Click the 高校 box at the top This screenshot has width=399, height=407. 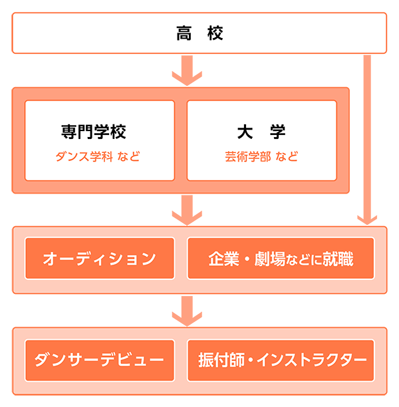[199, 33]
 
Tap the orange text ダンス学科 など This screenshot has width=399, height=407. [98, 158]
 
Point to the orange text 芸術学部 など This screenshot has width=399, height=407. [261, 158]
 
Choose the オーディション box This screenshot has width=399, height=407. [99, 259]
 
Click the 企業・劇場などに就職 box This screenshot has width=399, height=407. [281, 259]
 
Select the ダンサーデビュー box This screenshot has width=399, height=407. [99, 360]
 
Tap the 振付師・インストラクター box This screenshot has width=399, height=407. [281, 360]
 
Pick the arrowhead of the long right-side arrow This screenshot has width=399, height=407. [367, 219]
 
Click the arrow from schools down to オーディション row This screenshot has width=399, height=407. [187, 210]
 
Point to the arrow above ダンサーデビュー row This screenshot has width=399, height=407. [187, 311]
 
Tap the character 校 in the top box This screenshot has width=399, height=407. [215, 33]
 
